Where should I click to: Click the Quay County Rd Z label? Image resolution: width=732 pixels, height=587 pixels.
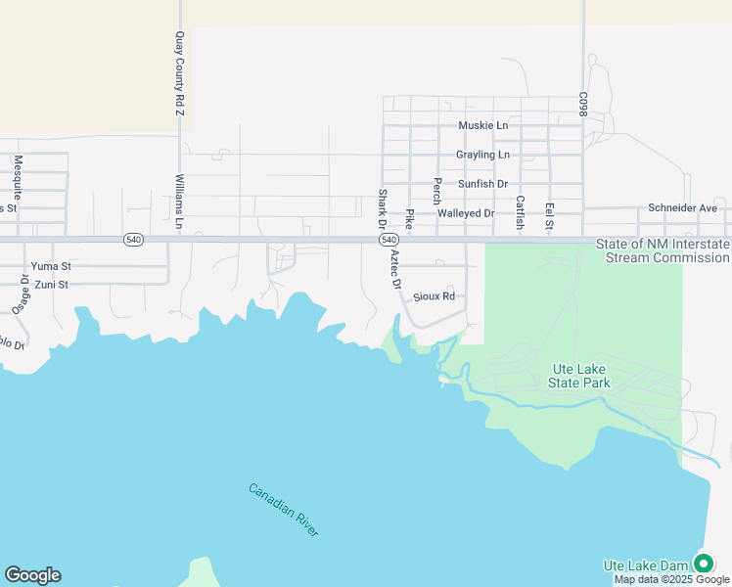pyautogui.click(x=179, y=75)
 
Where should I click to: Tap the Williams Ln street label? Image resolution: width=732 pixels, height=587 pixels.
pyautogui.click(x=179, y=202)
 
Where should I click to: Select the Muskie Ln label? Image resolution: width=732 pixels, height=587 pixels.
pyautogui.click(x=483, y=126)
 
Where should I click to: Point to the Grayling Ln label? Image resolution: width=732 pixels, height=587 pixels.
pyautogui.click(x=482, y=156)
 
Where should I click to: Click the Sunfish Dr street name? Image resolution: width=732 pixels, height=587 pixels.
pyautogui.click(x=482, y=184)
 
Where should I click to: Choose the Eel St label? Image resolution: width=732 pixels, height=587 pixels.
pyautogui.click(x=550, y=217)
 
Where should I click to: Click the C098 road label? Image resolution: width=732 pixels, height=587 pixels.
pyautogui.click(x=582, y=106)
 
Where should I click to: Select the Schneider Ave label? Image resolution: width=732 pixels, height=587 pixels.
pyautogui.click(x=683, y=208)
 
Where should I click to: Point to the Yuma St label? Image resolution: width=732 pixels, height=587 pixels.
pyautogui.click(x=52, y=266)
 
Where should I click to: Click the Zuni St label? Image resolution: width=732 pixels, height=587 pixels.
pyautogui.click(x=50, y=285)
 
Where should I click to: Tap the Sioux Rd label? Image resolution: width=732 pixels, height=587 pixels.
pyautogui.click(x=435, y=295)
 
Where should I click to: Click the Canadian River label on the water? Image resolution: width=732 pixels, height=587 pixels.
pyautogui.click(x=283, y=509)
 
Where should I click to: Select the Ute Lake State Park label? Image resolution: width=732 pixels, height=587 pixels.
pyautogui.click(x=581, y=376)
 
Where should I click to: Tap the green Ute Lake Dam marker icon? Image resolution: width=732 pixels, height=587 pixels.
pyautogui.click(x=703, y=564)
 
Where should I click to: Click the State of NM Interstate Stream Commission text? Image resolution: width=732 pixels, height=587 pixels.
pyautogui.click(x=667, y=250)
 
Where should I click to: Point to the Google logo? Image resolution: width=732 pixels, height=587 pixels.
pyautogui.click(x=32, y=575)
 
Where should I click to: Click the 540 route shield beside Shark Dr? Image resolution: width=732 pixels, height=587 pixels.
pyautogui.click(x=389, y=240)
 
